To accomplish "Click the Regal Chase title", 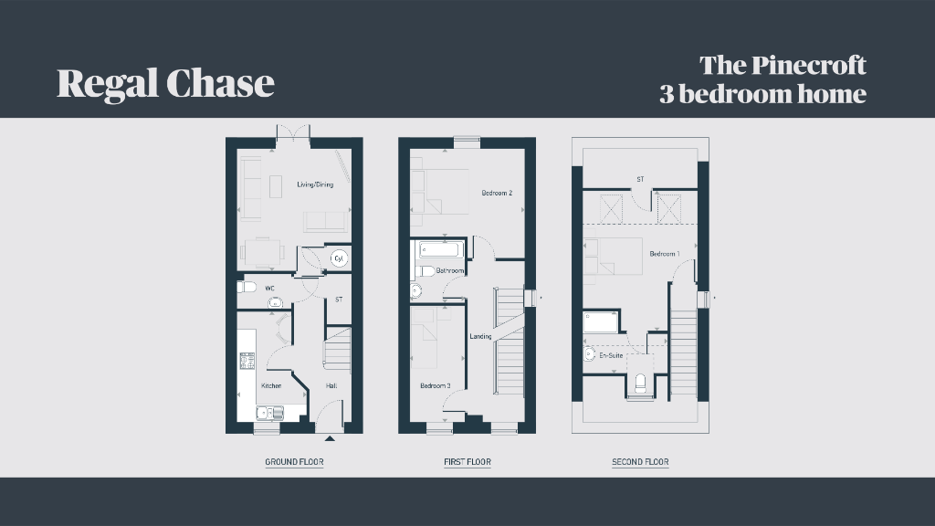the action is (166, 83).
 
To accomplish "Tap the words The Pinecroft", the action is (783, 65).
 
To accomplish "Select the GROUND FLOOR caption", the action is (294, 461).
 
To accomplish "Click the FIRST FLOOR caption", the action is (467, 461).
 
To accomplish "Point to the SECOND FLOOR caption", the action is (640, 461).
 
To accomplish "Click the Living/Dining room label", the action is (315, 184).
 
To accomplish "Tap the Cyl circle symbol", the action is (339, 258).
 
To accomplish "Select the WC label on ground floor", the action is (269, 288).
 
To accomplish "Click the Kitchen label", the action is (271, 386).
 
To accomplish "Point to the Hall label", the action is (331, 386).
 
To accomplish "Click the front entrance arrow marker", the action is (330, 438).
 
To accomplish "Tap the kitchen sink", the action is (270, 413).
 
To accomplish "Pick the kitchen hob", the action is (247, 361).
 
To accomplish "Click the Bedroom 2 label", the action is (497, 193).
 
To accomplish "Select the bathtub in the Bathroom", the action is (441, 248).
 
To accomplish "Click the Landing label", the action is (480, 336).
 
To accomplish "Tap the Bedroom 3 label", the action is (436, 386).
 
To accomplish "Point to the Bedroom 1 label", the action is (665, 254).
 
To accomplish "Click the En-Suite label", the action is (611, 355).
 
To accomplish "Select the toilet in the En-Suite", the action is (640, 384).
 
